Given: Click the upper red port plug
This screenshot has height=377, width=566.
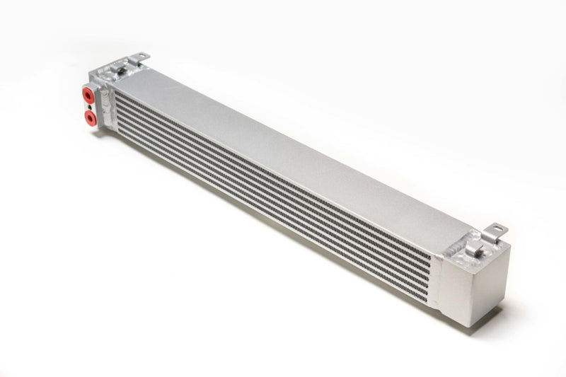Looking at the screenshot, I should point(88,94).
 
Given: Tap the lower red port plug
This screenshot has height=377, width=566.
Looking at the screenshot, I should point(89,115).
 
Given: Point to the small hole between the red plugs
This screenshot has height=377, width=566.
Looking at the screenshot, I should point(90,105).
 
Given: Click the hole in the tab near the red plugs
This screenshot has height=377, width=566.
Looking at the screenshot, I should point(141,56).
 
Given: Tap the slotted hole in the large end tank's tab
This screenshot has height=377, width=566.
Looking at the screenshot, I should point(498,229).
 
